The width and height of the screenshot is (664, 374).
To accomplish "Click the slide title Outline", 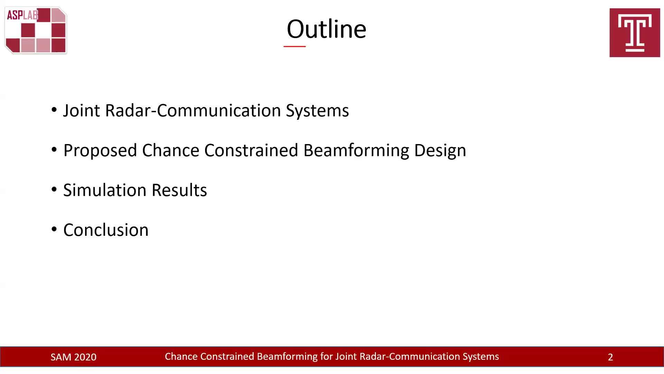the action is tap(326, 29).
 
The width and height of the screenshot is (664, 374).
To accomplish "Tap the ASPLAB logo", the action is tap(36, 30).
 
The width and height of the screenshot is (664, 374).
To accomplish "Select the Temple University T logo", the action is tap(635, 33).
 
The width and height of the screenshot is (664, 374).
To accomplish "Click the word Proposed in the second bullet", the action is tap(100, 151).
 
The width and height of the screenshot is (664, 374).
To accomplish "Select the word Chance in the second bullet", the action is tap(171, 150).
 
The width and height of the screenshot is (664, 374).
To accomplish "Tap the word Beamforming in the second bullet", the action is tap(356, 151).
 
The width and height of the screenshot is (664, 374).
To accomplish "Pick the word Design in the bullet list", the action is tap(440, 151).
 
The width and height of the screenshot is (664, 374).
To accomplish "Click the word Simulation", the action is tap(105, 190).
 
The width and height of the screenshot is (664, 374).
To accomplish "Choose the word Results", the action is tap(179, 190).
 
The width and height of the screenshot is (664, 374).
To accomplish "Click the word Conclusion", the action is tap(106, 230).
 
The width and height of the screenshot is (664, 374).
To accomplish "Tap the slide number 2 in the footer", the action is tap(610, 357).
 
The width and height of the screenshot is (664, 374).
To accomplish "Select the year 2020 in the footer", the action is tap(85, 357).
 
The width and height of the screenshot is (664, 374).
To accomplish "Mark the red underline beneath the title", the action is tap(295, 46).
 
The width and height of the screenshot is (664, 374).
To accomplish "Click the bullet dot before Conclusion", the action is tap(54, 229).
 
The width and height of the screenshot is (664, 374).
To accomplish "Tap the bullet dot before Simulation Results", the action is tap(54, 189).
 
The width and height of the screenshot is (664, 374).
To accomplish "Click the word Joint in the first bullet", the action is tap(82, 110).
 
